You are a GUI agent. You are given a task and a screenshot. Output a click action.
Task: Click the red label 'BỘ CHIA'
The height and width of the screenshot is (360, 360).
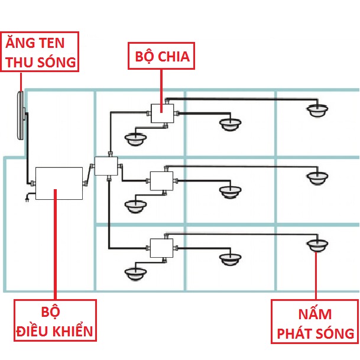click(x=159, y=57)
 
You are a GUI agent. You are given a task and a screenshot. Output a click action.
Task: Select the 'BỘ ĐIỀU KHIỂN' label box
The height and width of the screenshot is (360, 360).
click(x=55, y=320)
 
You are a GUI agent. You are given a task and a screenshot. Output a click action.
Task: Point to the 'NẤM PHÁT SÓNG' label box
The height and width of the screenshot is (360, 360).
click(x=314, y=322)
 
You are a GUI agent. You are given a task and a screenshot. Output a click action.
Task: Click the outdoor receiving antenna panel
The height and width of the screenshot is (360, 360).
click(x=21, y=115)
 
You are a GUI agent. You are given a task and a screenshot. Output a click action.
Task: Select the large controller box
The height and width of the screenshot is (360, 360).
click(x=59, y=183)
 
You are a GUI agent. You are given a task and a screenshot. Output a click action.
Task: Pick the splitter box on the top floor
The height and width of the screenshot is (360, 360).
click(x=161, y=113)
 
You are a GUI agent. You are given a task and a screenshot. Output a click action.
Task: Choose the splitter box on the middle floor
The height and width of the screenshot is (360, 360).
click(x=161, y=180)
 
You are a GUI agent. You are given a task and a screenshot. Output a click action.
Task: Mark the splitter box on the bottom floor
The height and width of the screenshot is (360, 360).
click(x=161, y=247)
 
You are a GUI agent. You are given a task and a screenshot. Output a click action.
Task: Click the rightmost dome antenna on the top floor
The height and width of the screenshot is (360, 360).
click(x=318, y=109)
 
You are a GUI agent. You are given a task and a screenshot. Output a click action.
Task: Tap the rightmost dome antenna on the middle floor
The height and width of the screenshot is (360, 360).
click(x=317, y=176)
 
